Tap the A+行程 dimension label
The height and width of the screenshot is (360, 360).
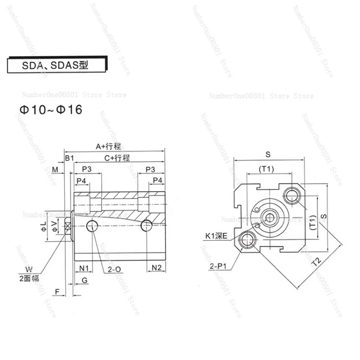tap(109, 146)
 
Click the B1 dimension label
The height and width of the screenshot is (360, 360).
tap(69, 158)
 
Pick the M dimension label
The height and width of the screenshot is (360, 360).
tap(55, 169)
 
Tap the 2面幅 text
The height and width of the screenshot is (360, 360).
tap(29, 279)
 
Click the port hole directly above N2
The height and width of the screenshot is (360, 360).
tap(145, 225)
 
